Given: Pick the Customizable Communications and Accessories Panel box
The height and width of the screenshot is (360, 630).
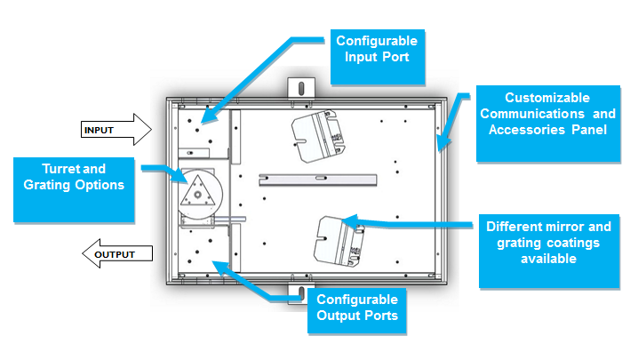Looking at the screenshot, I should (547, 123).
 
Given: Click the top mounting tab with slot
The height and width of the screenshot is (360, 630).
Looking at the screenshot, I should (300, 89).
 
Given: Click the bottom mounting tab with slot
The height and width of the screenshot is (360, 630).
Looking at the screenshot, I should (300, 292).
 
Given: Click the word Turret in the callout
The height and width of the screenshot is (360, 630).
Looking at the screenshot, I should (60, 168).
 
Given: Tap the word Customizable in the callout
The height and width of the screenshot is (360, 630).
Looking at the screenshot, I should (547, 97).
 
